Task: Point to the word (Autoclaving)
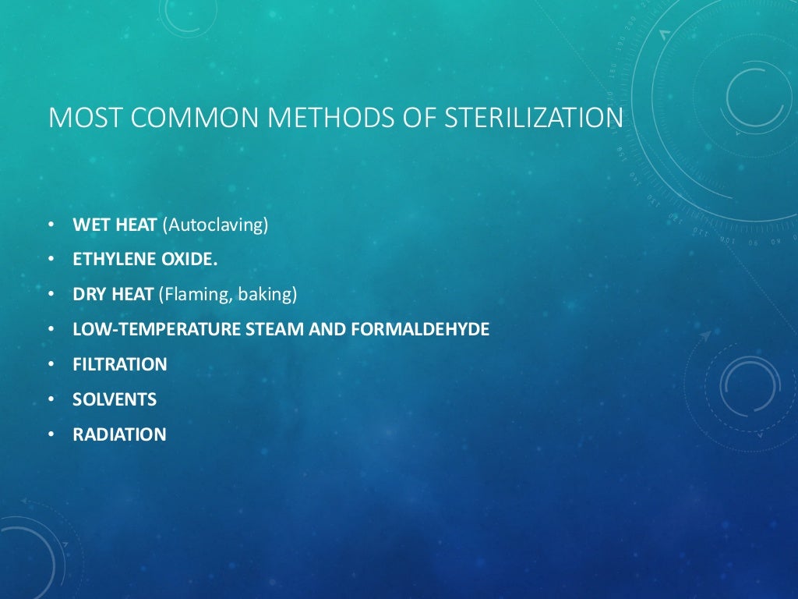[215, 225]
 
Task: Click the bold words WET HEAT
[115, 225]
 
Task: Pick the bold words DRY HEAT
[114, 295]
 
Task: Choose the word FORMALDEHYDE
[421, 330]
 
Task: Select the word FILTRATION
[120, 364]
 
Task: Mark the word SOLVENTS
[115, 399]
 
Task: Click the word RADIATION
[119, 434]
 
